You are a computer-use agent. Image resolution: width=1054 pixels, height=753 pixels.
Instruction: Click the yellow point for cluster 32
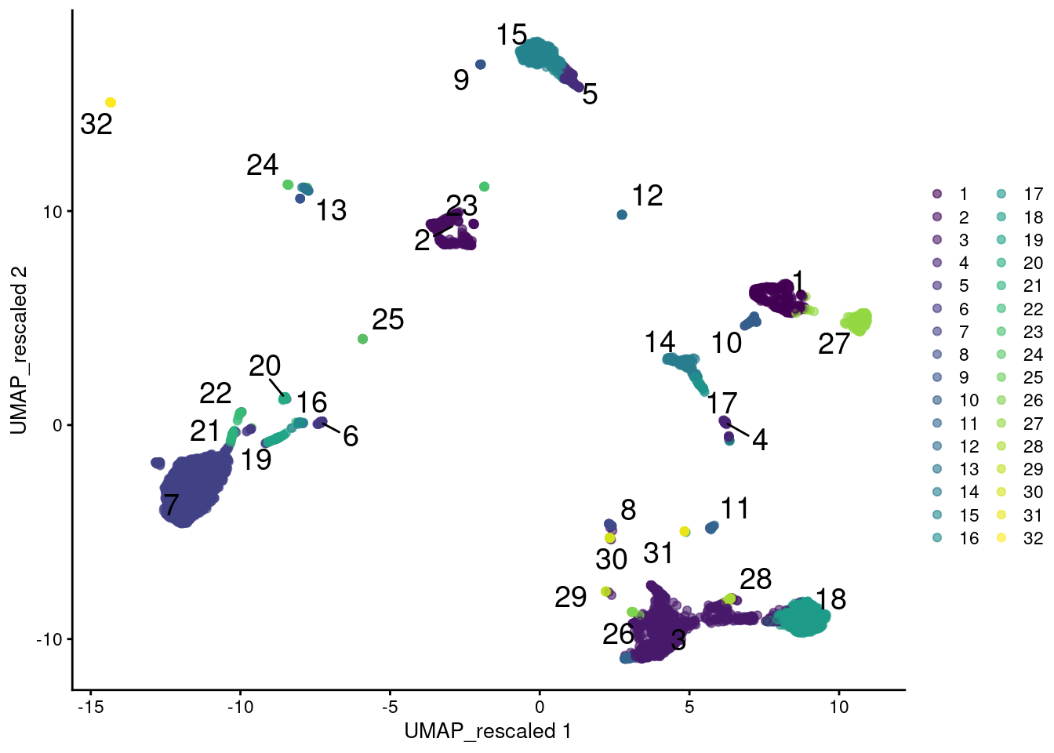click(111, 103)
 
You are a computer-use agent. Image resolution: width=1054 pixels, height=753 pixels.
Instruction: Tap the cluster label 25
click(387, 320)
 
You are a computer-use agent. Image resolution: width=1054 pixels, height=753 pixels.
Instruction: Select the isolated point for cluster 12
click(622, 215)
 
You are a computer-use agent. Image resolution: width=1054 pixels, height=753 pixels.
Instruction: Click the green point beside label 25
click(362, 339)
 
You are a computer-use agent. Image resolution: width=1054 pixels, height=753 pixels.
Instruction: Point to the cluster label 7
click(171, 504)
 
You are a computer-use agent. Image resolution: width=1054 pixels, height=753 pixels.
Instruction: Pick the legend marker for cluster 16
click(937, 538)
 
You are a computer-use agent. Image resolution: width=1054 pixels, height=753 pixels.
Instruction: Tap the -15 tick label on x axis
click(90, 707)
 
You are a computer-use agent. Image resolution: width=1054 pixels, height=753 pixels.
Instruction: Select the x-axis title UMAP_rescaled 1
click(488, 732)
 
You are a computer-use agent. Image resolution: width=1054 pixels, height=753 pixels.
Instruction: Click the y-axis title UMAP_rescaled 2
click(19, 350)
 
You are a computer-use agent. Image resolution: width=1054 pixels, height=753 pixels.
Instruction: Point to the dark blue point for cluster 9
click(481, 64)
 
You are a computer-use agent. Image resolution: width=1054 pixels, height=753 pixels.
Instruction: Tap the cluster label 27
click(834, 344)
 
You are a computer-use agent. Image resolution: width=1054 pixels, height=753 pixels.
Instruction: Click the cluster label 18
click(830, 600)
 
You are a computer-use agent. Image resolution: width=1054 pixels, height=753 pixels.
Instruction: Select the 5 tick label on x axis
click(689, 707)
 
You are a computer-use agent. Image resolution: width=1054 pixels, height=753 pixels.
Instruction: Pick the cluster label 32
click(96, 124)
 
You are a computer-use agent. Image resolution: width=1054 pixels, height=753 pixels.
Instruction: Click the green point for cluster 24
click(288, 185)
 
